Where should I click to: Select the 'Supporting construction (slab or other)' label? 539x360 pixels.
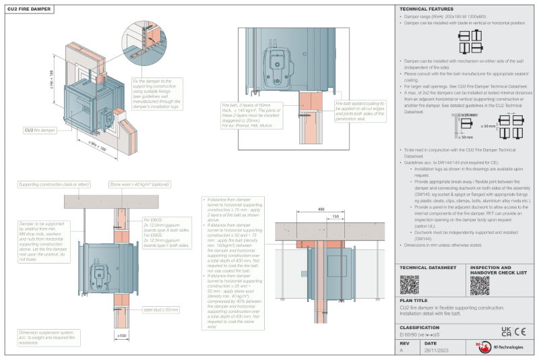(54, 183)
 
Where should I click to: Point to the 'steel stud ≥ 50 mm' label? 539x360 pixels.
(160, 309)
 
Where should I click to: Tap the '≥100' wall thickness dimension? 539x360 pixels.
(121, 335)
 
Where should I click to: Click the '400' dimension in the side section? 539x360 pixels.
(321, 210)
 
